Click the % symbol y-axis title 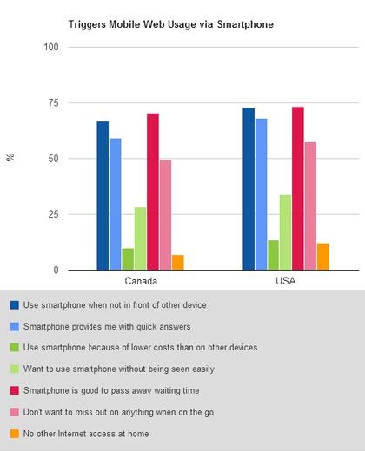(10, 159)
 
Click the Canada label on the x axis (140, 283)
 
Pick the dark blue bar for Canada (103, 196)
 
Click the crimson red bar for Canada (153, 192)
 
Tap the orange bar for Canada (178, 263)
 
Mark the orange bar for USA (323, 257)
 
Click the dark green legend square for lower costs (15, 347)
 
